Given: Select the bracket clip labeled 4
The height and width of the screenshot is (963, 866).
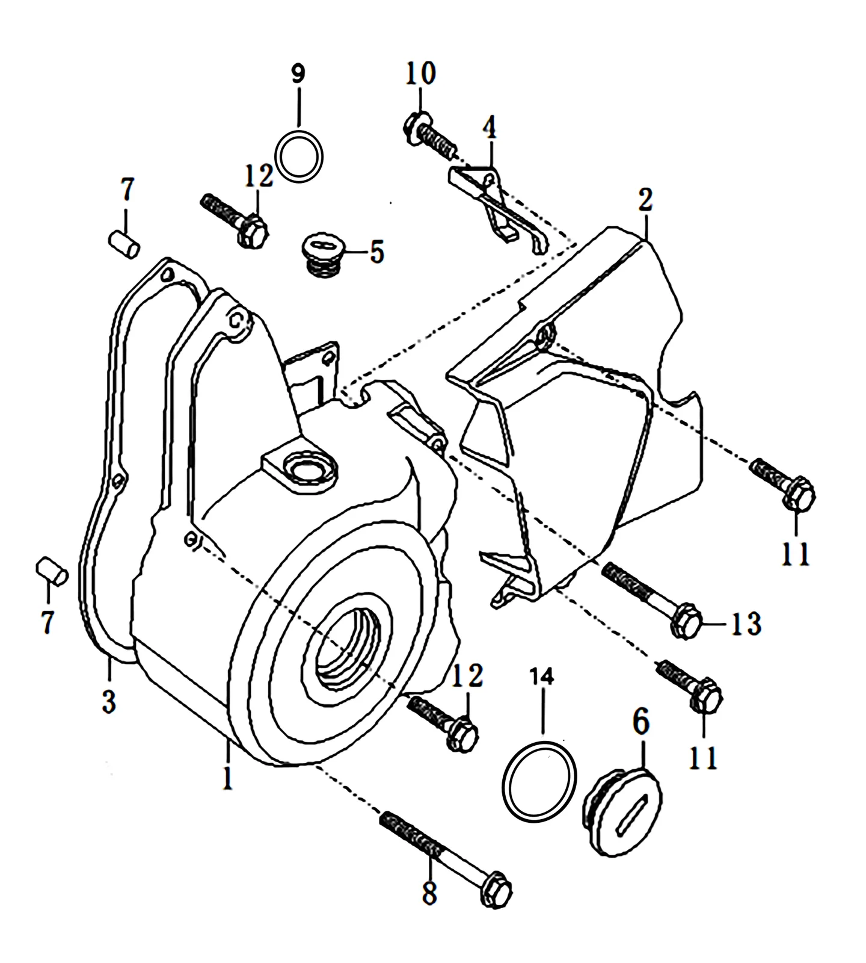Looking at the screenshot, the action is (x=499, y=211).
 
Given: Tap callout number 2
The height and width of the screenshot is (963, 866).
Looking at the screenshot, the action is (x=645, y=200).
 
